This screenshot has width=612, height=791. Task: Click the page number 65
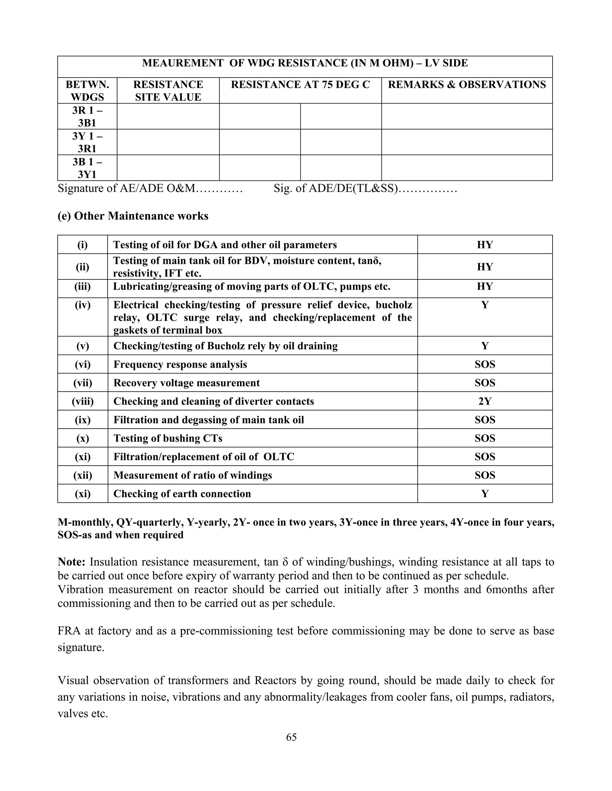[x=291, y=737]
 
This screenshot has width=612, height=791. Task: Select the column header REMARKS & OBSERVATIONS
[x=466, y=85]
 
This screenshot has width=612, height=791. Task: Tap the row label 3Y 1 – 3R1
[x=87, y=142]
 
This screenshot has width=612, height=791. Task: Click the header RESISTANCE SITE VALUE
[x=168, y=90]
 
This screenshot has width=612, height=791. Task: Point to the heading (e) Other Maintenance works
[x=133, y=216]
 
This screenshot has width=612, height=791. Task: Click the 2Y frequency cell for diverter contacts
[x=485, y=401]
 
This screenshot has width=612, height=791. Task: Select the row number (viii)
[x=83, y=401]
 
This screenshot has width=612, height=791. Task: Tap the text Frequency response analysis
[x=180, y=364]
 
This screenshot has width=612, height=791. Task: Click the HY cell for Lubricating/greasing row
[x=485, y=287]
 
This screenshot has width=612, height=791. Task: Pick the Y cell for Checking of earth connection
[x=485, y=494]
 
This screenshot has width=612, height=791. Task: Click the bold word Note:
[x=71, y=562]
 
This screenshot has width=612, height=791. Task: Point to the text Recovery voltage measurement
[x=186, y=383]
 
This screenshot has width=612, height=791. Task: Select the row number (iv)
[x=83, y=305]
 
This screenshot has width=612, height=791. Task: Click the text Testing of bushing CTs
[x=168, y=438]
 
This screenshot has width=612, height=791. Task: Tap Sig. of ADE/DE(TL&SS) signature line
[x=365, y=188]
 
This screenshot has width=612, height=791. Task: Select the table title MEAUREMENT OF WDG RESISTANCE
[x=305, y=63]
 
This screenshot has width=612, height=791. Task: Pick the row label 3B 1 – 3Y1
[x=87, y=168]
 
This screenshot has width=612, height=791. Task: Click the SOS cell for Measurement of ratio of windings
[x=485, y=475]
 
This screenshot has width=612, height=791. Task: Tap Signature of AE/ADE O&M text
[x=150, y=188]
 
